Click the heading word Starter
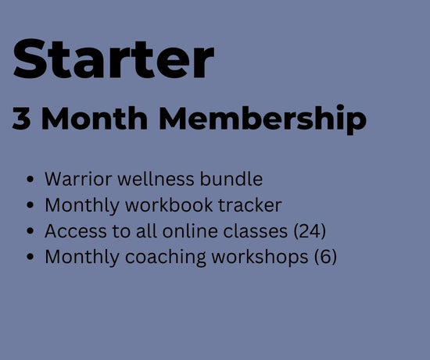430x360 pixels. pos(113,59)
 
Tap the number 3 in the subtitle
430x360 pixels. pos(21,119)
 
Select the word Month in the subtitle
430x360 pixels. pos(95,118)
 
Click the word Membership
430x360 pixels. pos(263,119)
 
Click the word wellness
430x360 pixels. pos(156,179)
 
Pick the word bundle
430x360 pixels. pos(231,179)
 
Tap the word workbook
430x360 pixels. pos(169,205)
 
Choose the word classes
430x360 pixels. pos(256,231)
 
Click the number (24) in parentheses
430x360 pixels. pos(310,231)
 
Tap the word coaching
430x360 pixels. pos(166,257)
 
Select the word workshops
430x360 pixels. pos(260,257)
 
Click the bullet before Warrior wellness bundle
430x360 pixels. pos(30,180)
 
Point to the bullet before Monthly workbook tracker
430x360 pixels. pos(30,205)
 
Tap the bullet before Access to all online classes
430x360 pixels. pos(30,231)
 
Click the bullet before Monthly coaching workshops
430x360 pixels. pos(30,257)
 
